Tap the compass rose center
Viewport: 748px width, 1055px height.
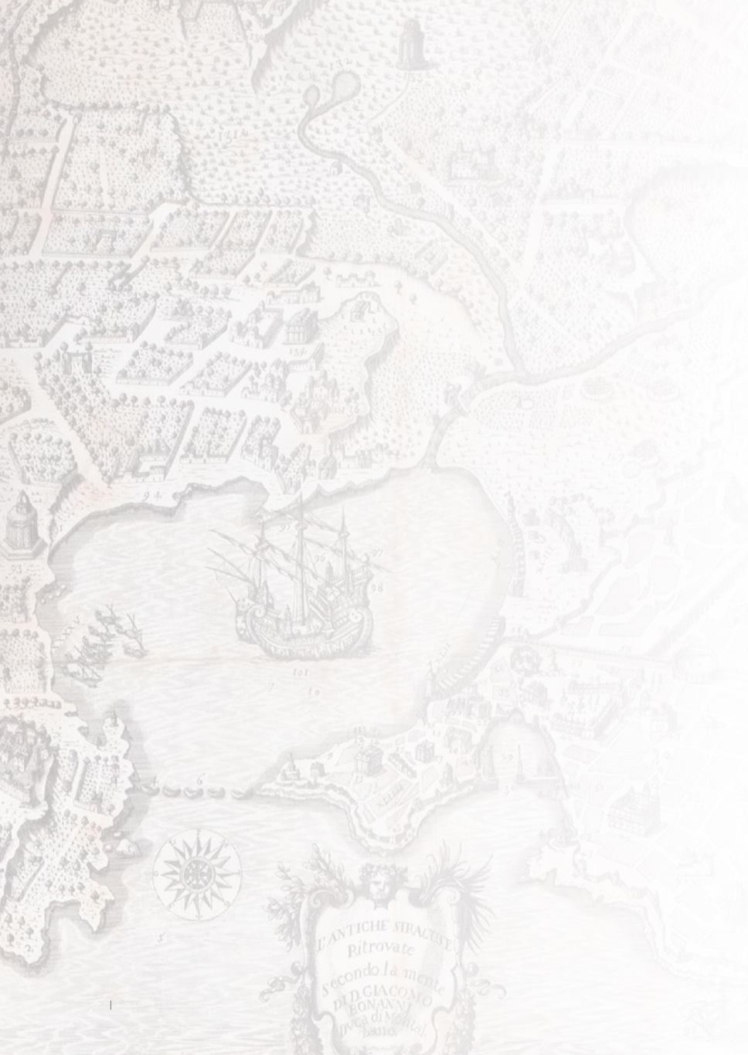click(196, 874)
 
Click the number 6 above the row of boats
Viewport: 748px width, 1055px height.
click(199, 780)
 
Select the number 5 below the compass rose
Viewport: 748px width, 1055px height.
click(161, 938)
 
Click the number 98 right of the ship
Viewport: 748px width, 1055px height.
click(377, 588)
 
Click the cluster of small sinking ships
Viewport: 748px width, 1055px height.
click(108, 633)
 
